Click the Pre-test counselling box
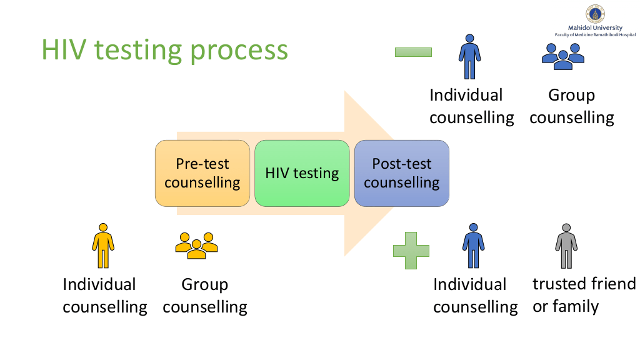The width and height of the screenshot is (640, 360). [x=202, y=173]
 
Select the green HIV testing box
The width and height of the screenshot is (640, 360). [x=302, y=173]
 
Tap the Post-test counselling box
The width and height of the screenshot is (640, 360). [x=402, y=173]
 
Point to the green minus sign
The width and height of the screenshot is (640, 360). [x=413, y=52]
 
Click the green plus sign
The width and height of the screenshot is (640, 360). [x=411, y=251]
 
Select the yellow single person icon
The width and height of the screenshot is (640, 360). [x=103, y=246]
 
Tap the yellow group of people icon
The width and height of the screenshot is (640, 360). [x=196, y=246]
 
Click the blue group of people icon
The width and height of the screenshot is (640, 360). [x=563, y=56]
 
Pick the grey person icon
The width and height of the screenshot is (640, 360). [x=566, y=246]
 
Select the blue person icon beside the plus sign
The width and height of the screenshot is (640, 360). [x=473, y=246]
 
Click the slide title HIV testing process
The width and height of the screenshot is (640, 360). [x=164, y=50]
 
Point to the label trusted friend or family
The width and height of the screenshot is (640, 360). [x=584, y=296]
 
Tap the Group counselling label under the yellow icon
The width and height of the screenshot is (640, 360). [x=205, y=296]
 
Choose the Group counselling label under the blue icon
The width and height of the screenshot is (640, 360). [x=571, y=106]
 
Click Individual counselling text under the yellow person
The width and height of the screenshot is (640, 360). [x=104, y=296]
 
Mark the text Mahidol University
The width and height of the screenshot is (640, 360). [x=595, y=28]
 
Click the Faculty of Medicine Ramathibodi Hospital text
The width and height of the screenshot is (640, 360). [x=595, y=35]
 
